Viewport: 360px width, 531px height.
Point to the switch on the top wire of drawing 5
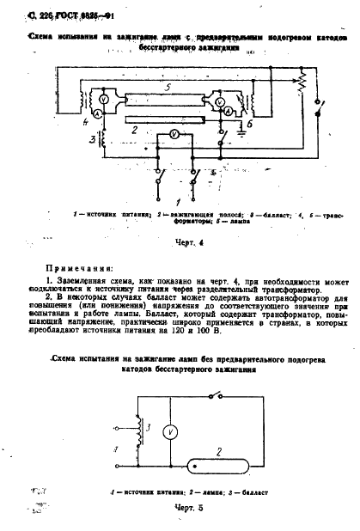click(x=225, y=396)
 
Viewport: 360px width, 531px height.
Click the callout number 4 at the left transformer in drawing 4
click(x=86, y=121)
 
